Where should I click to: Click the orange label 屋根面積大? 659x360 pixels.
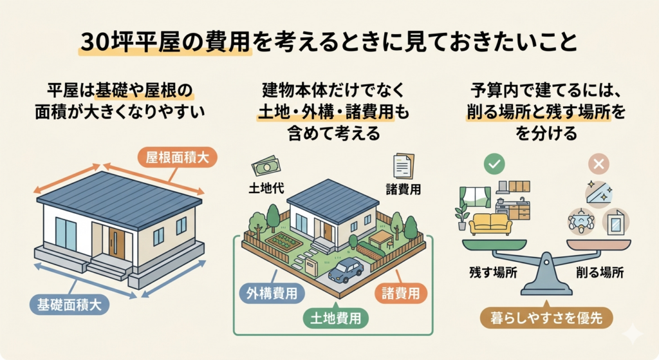point(178,157)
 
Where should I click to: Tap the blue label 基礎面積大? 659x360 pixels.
point(70,305)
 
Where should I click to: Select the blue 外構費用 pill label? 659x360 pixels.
point(272,293)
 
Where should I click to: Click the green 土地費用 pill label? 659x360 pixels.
point(335,318)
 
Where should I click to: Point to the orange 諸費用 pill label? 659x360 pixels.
point(400,293)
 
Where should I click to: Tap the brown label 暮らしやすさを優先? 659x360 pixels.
point(546,318)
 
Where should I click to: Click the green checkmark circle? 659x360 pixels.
point(494,164)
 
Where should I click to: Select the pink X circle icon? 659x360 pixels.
point(599,164)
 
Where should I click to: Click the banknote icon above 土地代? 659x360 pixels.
point(266,167)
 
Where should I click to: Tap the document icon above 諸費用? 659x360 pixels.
point(404,166)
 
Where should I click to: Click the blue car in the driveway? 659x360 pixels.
point(346,270)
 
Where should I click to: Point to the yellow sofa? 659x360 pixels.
point(490,223)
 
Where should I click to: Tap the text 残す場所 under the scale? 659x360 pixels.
point(493,272)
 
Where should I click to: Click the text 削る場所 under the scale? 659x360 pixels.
point(600,272)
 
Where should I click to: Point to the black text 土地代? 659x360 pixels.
point(266,188)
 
